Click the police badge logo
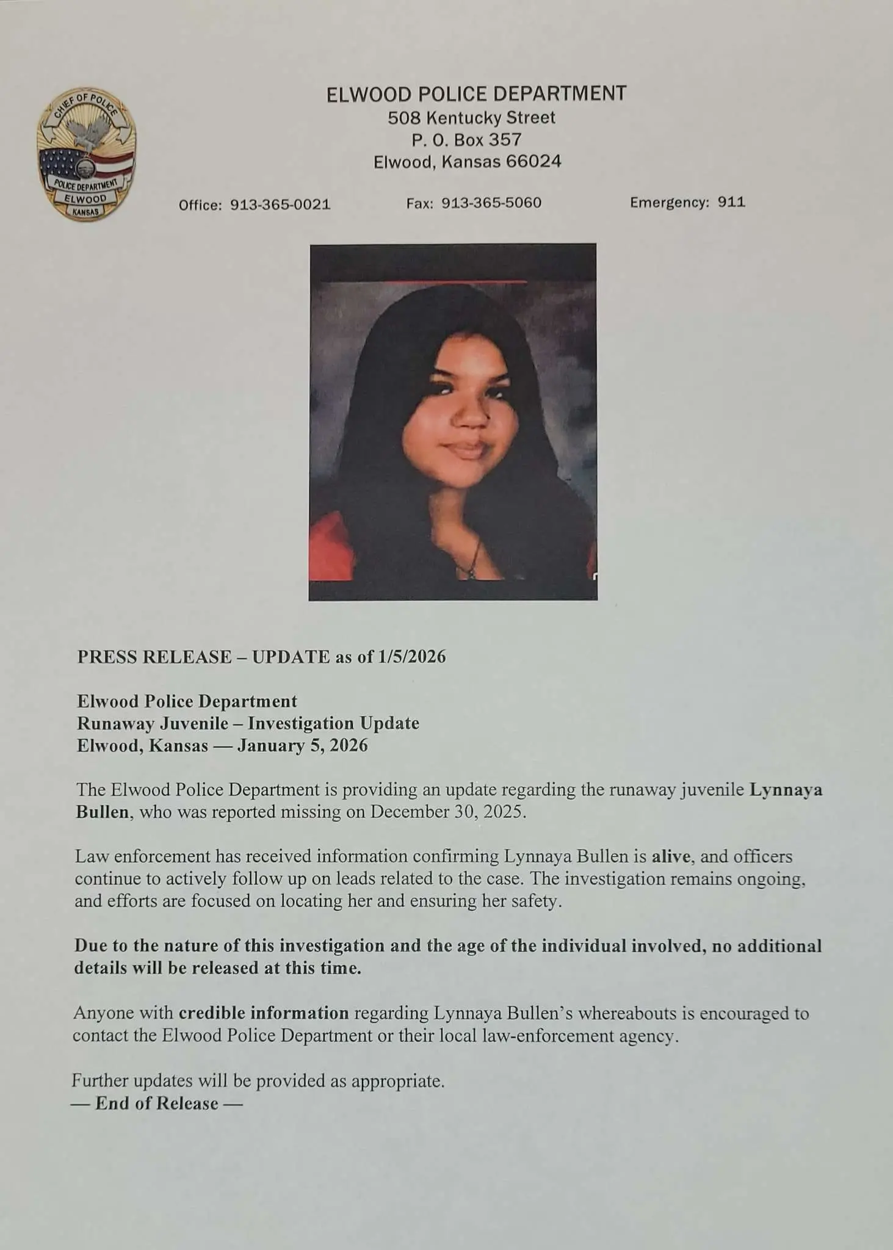[x=86, y=153]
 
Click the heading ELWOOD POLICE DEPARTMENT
[x=476, y=94]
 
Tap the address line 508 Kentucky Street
[x=471, y=117]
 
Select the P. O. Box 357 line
[x=467, y=140]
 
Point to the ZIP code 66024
[x=533, y=162]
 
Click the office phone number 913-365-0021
[x=280, y=205]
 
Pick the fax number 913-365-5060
[x=491, y=203]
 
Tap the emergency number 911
[x=731, y=202]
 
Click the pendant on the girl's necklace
[x=469, y=571]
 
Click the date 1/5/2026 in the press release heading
[x=412, y=657]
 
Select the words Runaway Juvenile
[x=153, y=723]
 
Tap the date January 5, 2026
[x=302, y=745]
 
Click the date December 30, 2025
[x=447, y=812]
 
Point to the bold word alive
[x=671, y=856]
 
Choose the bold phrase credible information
[x=263, y=1013]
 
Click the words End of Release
[x=156, y=1103]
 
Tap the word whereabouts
[x=627, y=1013]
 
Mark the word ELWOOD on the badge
[x=85, y=198]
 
